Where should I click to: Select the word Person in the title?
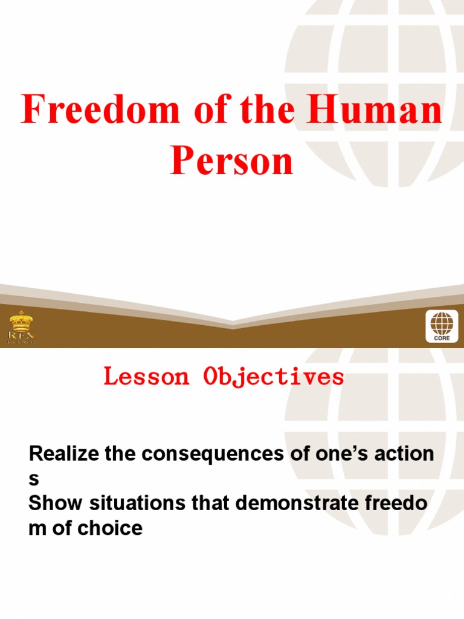[231, 162]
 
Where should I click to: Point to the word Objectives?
[273, 377]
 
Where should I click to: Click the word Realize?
[64, 453]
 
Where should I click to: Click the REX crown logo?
[22, 327]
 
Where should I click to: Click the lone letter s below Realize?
[34, 479]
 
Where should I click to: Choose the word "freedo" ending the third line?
[401, 504]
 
